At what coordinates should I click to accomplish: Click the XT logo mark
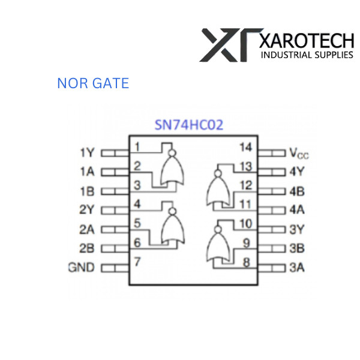pos(230,44)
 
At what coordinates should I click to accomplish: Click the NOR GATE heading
pos(93,83)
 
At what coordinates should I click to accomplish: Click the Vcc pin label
pos(298,153)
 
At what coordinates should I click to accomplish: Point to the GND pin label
pos(81,268)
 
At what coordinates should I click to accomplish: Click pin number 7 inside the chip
pos(137,262)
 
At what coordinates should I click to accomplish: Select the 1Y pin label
pos(87,153)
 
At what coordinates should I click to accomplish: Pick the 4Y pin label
pos(297,172)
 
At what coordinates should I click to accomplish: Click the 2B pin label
pos(87,248)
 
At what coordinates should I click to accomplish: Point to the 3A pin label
pos(297,268)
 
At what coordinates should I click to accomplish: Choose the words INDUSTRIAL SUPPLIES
pos(306,55)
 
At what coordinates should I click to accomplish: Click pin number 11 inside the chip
pos(245,205)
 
